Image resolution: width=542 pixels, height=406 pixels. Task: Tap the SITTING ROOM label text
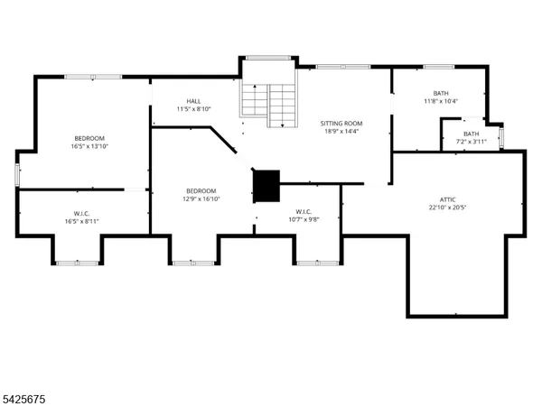click(341, 123)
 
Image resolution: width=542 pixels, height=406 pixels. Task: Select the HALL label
click(194, 101)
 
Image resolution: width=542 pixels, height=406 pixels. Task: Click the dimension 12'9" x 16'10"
click(201, 199)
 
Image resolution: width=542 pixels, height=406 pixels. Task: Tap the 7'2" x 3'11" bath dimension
click(472, 142)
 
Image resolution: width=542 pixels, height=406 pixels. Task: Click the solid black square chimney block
click(266, 186)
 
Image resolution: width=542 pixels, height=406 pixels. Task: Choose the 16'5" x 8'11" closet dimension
click(81, 220)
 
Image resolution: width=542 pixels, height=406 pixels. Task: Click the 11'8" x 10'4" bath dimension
click(440, 101)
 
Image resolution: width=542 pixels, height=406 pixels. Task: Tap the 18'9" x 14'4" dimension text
click(341, 132)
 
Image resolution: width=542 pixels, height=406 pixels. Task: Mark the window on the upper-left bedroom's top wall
click(93, 77)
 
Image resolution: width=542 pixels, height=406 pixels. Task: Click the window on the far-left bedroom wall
click(16, 175)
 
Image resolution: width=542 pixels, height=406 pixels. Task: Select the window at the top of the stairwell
click(267, 58)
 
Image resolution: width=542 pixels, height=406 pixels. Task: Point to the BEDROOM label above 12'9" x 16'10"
click(201, 190)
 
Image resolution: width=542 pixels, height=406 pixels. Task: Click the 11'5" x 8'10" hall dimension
click(194, 110)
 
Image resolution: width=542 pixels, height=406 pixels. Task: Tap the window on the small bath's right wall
click(501, 136)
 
